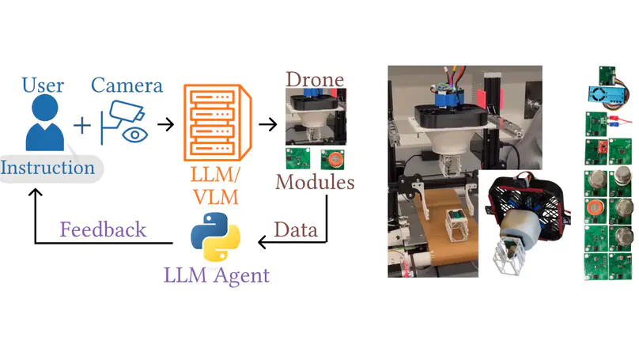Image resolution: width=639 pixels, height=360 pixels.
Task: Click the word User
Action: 43,84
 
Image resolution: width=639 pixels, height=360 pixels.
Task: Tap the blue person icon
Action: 43,125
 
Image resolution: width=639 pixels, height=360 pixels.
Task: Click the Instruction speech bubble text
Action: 47,168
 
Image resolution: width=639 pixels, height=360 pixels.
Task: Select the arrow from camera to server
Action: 165,124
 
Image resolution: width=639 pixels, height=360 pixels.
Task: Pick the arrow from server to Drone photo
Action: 268,124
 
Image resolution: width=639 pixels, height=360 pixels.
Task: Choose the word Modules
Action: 314,182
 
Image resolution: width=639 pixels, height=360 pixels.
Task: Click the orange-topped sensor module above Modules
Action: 335,158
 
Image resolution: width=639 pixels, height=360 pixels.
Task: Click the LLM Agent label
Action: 216,276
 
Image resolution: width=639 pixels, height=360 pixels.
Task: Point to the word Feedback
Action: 104,229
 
